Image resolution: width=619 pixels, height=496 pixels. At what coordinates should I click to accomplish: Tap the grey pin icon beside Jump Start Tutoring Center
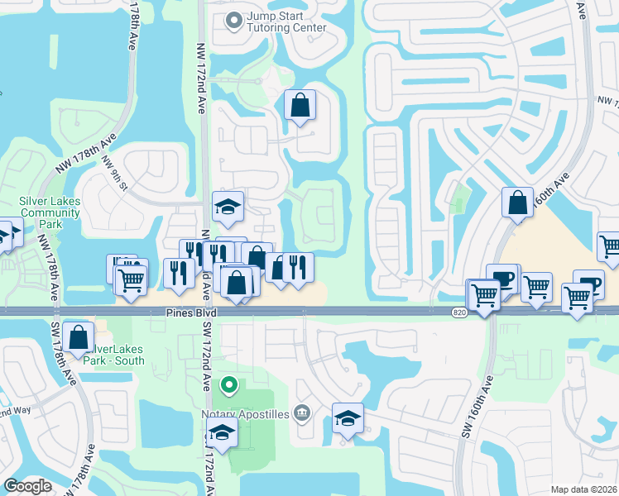coord(234,20)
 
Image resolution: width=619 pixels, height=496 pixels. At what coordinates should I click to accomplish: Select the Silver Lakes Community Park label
coord(50,212)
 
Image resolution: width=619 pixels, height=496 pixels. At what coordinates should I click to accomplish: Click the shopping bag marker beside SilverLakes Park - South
coord(79,338)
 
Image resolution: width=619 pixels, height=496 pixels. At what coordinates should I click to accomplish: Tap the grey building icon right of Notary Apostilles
coord(301,413)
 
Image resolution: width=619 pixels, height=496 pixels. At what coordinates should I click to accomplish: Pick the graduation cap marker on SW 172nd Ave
coord(221,432)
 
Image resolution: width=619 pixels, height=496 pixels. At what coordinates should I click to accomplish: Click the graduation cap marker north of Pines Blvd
coord(228,207)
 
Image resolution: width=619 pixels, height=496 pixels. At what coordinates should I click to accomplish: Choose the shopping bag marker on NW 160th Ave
coord(517,203)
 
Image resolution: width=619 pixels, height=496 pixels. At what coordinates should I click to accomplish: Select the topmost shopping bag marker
coord(300,105)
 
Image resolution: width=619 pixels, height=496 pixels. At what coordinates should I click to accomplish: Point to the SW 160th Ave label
coord(477,407)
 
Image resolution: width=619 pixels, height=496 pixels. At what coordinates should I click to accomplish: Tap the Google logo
coord(27,486)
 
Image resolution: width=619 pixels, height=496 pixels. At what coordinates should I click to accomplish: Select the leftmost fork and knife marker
coord(179,274)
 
